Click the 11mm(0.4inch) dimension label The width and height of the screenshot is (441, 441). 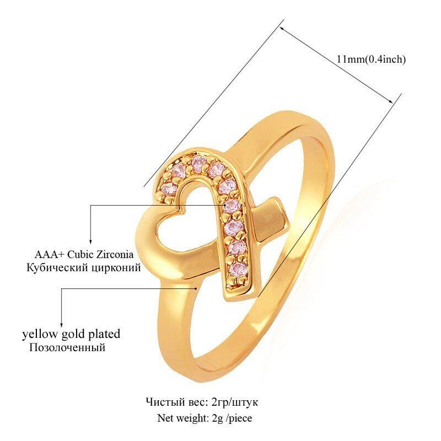371,59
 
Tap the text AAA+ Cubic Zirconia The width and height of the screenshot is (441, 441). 84,255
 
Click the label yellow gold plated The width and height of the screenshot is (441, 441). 71,334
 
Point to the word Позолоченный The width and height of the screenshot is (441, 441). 67,348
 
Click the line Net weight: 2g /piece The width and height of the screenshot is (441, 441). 205,417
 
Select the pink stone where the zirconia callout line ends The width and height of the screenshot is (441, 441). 234,206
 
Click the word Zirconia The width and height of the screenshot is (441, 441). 115,255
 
